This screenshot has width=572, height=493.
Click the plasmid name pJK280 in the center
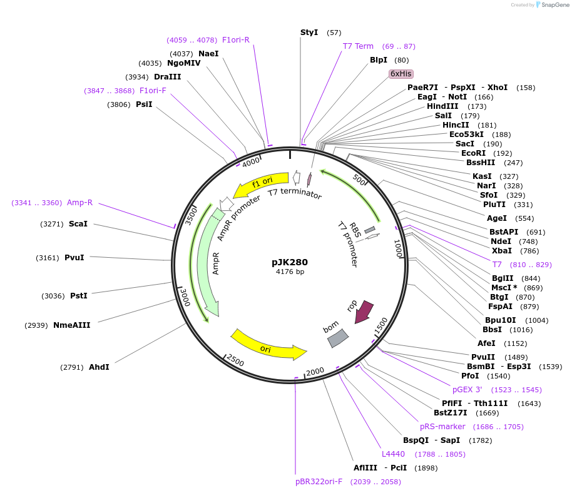click(290, 262)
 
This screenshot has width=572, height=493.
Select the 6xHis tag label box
click(401, 74)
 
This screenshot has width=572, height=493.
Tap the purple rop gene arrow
click(364, 311)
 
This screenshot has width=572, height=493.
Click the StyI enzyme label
click(309, 32)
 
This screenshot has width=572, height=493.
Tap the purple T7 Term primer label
click(358, 46)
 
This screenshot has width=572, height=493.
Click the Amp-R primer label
click(79, 202)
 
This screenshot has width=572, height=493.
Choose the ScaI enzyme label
click(78, 223)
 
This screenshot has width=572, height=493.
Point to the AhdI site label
click(99, 367)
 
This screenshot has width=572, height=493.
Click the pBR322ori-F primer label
click(319, 482)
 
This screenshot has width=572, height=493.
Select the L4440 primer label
click(394, 454)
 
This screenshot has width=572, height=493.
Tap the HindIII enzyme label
click(442, 106)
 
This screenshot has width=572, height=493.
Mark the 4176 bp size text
click(290, 272)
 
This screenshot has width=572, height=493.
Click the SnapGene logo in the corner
click(551, 5)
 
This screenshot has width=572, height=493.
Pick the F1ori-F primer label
click(153, 91)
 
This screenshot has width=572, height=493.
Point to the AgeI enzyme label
click(497, 218)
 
